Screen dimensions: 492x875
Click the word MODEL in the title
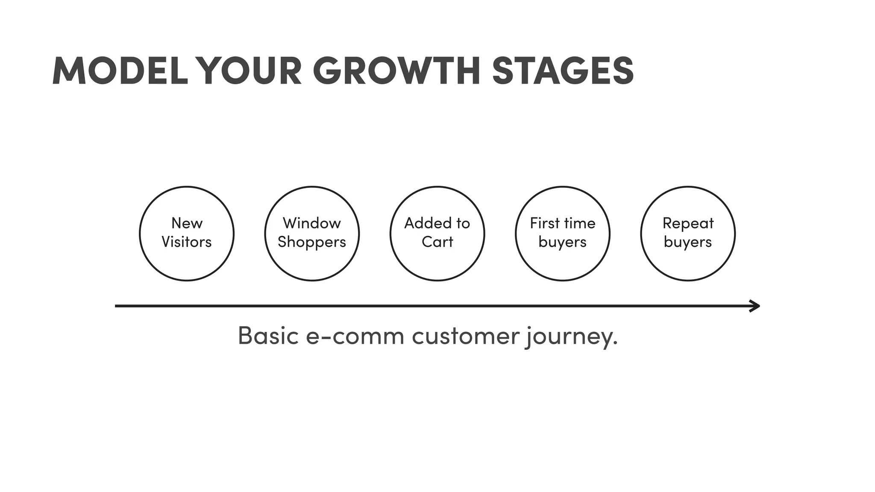(x=120, y=71)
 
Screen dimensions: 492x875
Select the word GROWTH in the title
(x=397, y=71)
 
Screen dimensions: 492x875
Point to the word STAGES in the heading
(x=563, y=71)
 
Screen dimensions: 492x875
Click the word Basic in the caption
(x=268, y=336)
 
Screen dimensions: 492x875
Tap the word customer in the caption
(x=465, y=336)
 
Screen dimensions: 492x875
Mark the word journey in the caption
(x=569, y=337)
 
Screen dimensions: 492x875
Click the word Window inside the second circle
(x=312, y=223)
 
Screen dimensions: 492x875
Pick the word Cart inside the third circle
(x=437, y=242)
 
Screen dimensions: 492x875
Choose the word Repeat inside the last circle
(x=688, y=224)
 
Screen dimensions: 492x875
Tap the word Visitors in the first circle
(x=187, y=242)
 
